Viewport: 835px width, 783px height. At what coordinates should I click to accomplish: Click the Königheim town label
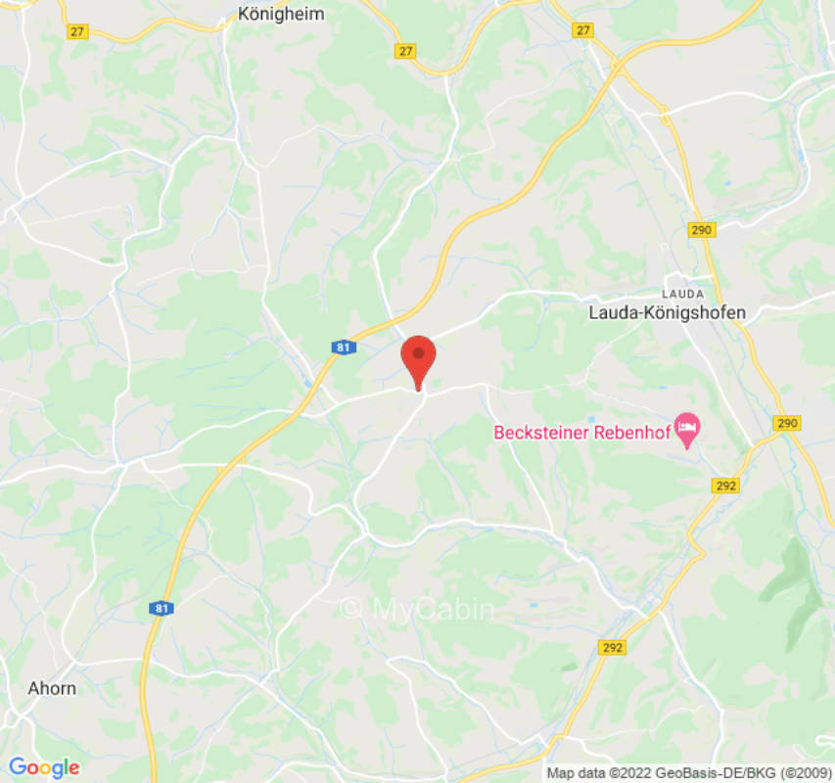[281, 14]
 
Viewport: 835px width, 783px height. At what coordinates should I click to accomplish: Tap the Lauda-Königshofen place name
[667, 313]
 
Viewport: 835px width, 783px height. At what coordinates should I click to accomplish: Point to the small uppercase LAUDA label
[681, 293]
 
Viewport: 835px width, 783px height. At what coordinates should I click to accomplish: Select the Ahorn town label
[53, 688]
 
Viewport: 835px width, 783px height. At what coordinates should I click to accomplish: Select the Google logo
[43, 767]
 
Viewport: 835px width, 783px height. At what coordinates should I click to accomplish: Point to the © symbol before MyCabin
[350, 609]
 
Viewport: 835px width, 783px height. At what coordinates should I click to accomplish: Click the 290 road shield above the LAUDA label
[702, 229]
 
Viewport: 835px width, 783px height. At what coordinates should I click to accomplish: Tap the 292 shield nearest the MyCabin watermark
[613, 647]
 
